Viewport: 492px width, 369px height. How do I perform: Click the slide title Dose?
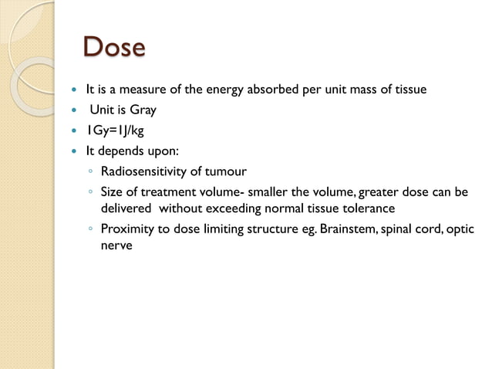tap(113, 47)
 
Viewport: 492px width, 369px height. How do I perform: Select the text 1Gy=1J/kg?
tap(114, 130)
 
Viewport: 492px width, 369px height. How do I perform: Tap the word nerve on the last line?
tap(117, 247)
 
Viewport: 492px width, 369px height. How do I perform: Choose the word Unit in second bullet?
tap(103, 110)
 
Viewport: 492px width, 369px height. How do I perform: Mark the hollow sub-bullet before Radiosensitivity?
tap(91, 171)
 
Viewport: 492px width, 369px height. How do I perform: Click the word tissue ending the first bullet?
tap(409, 90)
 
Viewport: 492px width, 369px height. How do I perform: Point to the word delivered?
tap(128, 208)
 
